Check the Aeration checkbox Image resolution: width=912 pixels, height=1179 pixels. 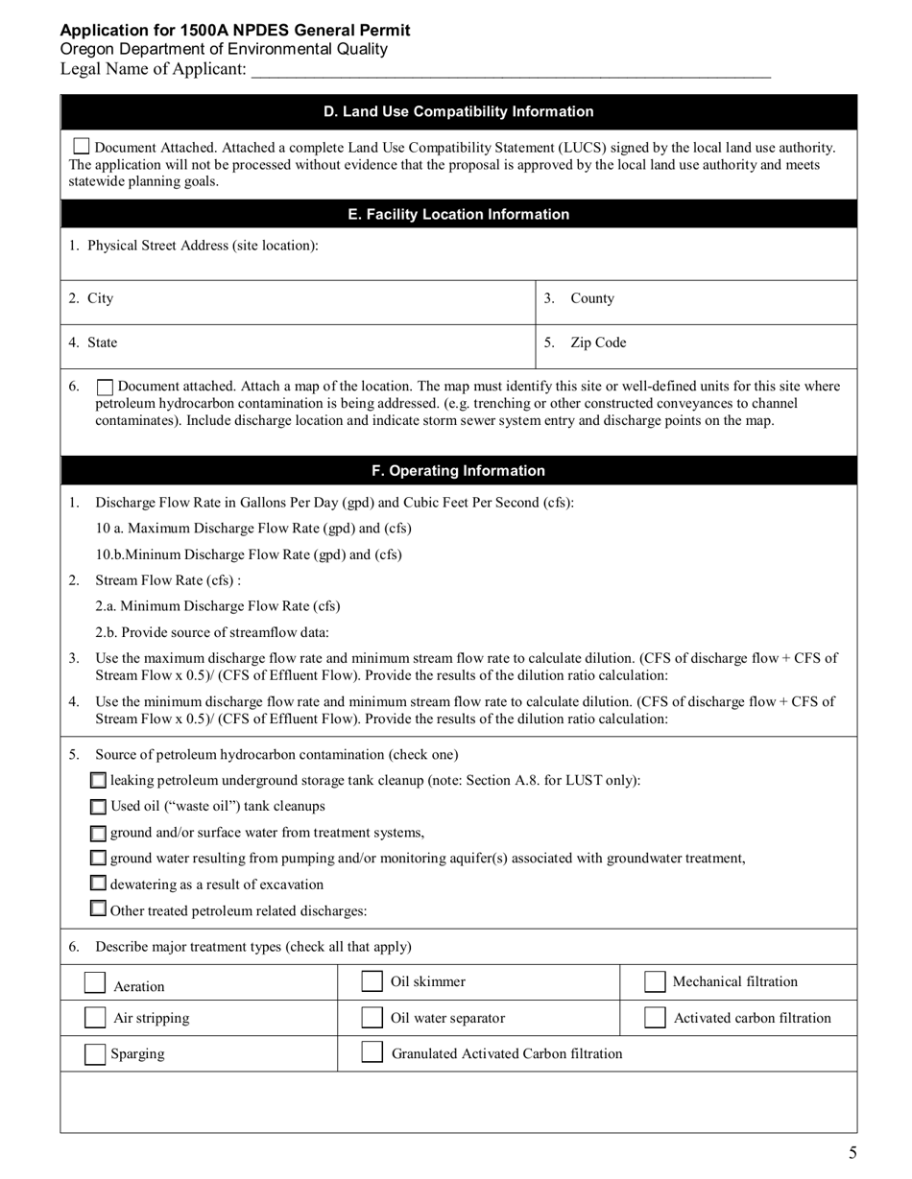(95, 983)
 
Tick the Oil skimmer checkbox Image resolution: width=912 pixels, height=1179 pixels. (372, 981)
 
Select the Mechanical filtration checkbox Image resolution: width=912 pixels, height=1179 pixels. (655, 981)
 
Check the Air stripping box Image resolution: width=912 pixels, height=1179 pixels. (95, 1018)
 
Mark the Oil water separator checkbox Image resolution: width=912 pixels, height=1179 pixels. (372, 1018)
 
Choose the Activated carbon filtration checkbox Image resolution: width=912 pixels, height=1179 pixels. (655, 1018)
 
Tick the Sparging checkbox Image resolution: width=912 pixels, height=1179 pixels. (95, 1053)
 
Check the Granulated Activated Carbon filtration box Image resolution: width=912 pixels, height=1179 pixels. (372, 1052)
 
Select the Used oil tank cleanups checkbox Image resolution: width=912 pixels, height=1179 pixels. (99, 807)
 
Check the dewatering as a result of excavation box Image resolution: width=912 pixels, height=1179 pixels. (99, 884)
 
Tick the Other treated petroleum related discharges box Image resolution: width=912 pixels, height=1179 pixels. (99, 908)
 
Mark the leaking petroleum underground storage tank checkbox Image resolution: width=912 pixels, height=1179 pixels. (99, 781)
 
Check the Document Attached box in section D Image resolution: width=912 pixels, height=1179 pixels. (82, 147)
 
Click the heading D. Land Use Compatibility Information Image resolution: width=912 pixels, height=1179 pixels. (458, 111)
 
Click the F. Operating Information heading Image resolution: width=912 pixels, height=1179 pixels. (458, 470)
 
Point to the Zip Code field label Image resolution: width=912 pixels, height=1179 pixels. (598, 342)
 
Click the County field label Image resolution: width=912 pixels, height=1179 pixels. (592, 298)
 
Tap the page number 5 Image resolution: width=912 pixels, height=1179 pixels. (852, 1153)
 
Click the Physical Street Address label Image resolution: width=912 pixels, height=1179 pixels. (203, 246)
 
